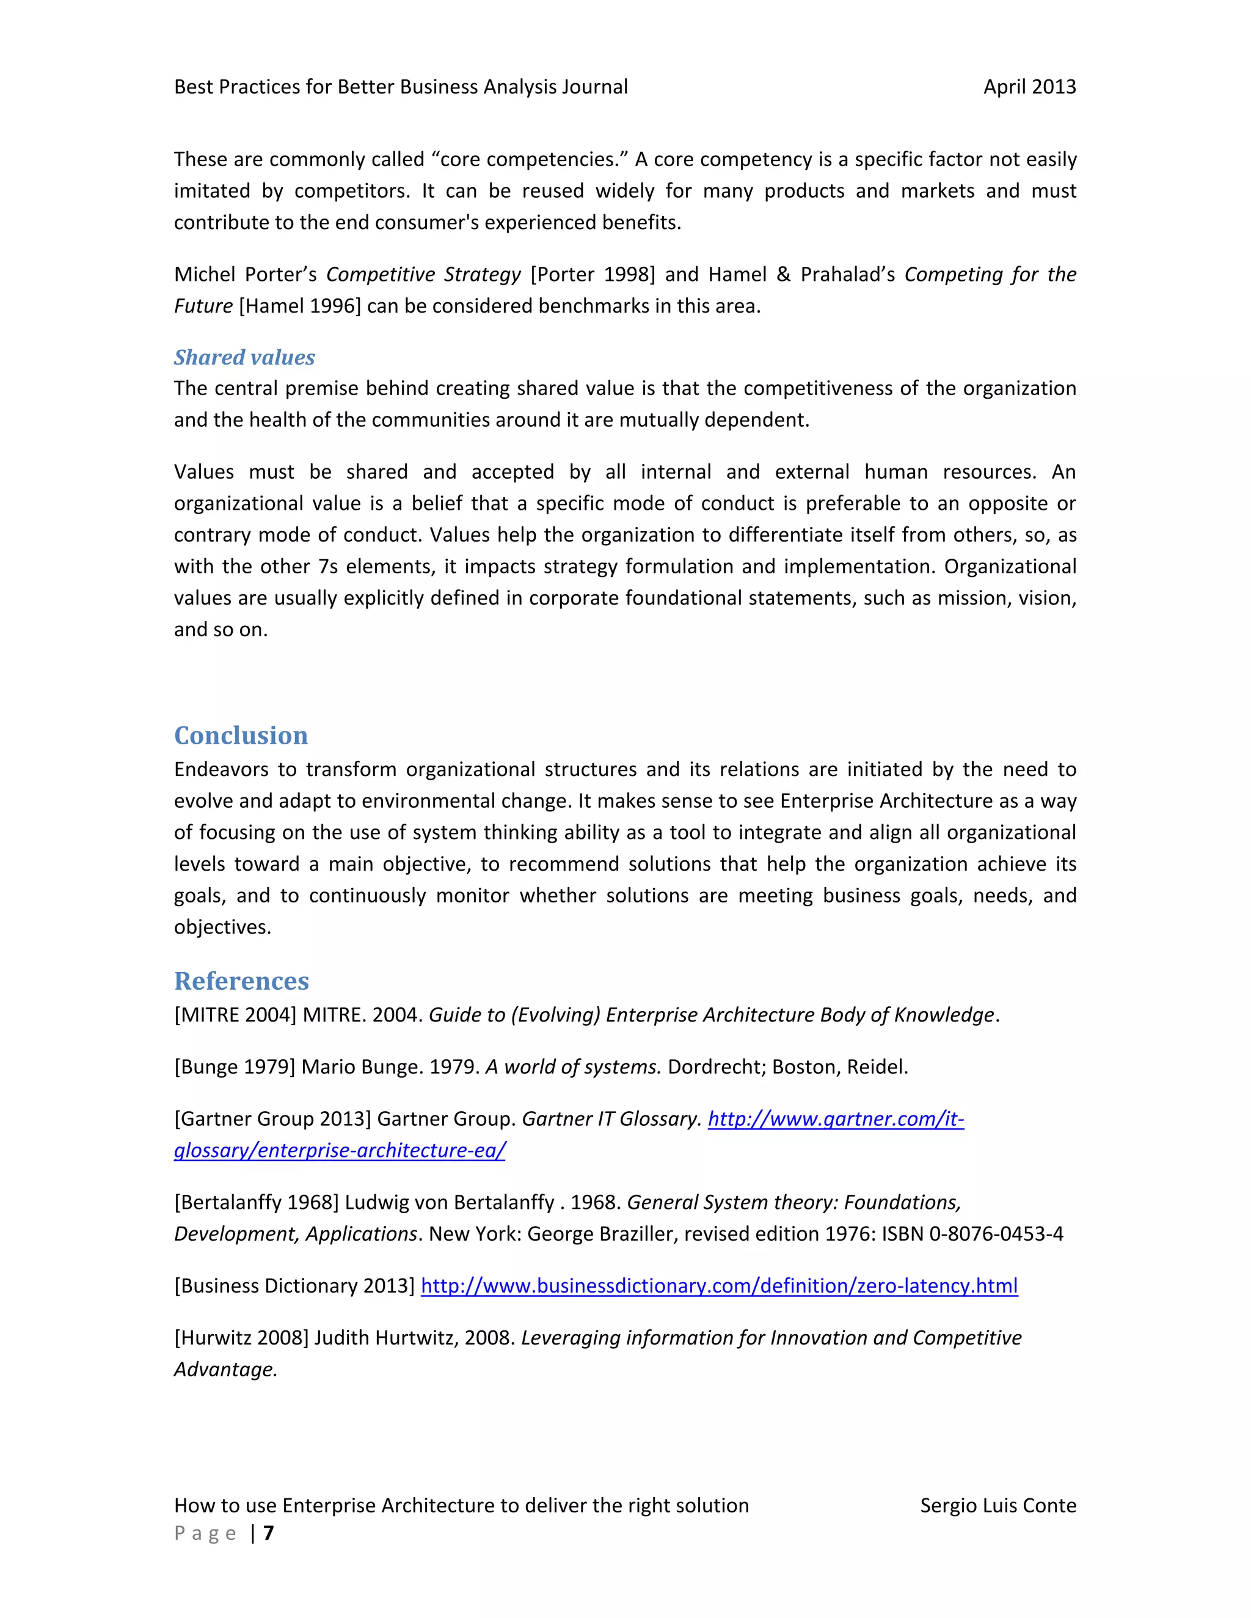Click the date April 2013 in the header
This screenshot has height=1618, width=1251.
pos(1029,87)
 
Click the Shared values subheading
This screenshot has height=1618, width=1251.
pos(244,358)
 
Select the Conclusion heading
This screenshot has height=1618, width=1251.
pos(241,736)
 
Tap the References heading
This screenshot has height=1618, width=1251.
pos(242,981)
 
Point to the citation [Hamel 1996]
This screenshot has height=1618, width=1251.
pos(299,307)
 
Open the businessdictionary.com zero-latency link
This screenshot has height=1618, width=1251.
pos(719,1286)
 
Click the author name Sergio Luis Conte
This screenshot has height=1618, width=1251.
pos(998,1506)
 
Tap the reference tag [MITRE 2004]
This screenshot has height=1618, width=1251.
pos(235,1015)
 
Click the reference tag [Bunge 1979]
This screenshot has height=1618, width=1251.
pos(234,1067)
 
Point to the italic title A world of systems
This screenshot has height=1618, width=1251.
pos(573,1067)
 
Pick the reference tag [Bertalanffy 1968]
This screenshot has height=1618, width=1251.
pos(257,1202)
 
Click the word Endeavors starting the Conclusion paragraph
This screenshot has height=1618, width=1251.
pos(221,770)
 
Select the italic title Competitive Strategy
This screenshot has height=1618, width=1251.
pos(423,275)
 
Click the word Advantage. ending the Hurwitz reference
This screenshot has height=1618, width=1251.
pos(225,1370)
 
